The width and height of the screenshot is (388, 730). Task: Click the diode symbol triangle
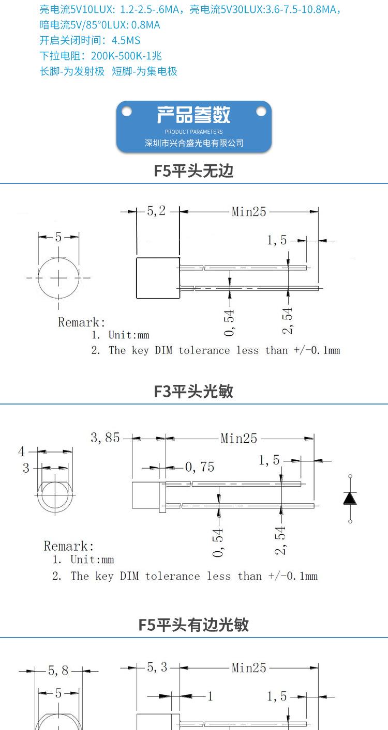(x=350, y=498)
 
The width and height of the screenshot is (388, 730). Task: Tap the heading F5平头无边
(x=194, y=171)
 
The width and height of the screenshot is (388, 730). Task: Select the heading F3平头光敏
(x=194, y=391)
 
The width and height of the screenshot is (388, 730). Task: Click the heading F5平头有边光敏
(x=194, y=625)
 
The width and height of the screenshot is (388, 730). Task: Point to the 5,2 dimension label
(x=156, y=211)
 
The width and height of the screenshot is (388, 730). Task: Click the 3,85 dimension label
(x=105, y=438)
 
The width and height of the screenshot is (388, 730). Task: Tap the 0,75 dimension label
(x=199, y=467)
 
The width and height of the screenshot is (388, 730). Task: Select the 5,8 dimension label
(x=58, y=671)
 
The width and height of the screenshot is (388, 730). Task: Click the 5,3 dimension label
(x=157, y=667)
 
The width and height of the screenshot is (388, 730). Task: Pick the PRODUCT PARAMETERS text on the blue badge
(x=194, y=132)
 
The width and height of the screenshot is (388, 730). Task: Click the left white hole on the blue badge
(x=127, y=112)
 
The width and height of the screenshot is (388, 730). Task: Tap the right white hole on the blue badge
(x=261, y=112)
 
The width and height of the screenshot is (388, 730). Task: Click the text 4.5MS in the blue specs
(x=126, y=40)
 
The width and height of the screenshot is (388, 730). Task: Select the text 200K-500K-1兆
(x=126, y=56)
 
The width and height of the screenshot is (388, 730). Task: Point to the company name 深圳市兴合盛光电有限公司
(x=194, y=143)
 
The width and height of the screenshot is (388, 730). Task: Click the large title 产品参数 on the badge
(x=194, y=115)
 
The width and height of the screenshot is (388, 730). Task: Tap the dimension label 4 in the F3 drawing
(x=22, y=452)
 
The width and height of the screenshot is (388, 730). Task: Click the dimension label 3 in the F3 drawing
(x=26, y=468)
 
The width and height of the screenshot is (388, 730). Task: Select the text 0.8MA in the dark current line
(x=145, y=25)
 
